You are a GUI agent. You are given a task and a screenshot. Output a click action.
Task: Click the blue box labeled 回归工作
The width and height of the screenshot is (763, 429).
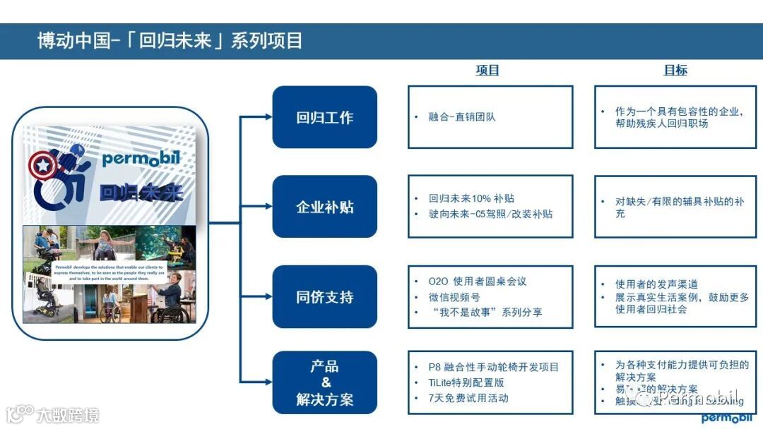(x=324, y=117)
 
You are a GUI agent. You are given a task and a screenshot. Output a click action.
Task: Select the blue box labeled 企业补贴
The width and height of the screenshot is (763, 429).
(x=324, y=207)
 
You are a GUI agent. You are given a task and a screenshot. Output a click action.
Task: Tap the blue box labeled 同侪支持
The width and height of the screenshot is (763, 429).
(x=324, y=297)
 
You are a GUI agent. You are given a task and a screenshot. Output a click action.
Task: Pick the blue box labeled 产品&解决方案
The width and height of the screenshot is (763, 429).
(x=324, y=382)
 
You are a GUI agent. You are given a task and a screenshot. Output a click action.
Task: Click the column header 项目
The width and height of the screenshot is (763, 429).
(x=487, y=70)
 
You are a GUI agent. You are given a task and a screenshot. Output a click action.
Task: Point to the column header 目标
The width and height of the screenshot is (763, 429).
(x=675, y=70)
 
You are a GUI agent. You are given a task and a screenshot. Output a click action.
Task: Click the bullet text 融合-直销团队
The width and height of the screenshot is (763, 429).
(x=462, y=117)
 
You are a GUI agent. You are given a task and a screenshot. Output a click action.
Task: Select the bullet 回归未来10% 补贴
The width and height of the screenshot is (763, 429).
(x=471, y=199)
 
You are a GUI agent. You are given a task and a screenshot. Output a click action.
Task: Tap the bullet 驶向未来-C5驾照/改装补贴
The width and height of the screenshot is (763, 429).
(x=490, y=214)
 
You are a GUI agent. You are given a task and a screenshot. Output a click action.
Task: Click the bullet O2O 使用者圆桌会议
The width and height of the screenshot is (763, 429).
(x=478, y=282)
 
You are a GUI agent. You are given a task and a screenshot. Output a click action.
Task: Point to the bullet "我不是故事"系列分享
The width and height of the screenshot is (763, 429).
(x=485, y=312)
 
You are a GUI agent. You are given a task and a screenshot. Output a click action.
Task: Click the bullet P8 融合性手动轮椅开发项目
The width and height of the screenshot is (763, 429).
(x=494, y=367)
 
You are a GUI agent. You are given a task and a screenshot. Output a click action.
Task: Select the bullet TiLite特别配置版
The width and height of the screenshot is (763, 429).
(x=466, y=382)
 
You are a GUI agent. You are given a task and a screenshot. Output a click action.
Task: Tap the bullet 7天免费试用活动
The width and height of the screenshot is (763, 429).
(x=468, y=398)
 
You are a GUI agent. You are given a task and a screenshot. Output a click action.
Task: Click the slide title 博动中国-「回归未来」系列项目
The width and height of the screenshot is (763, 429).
(x=170, y=40)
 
